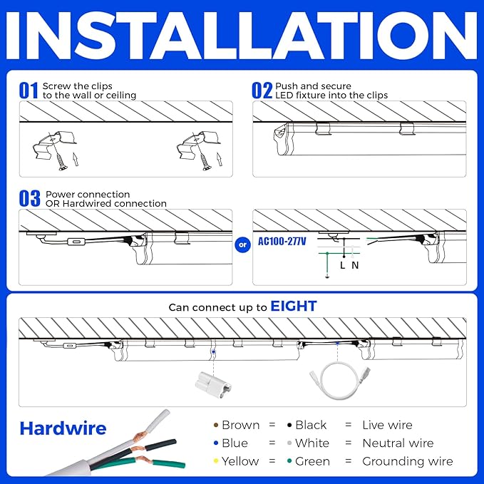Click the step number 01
point(29,91)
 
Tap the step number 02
point(262,91)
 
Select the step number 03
point(30,199)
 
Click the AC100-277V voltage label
point(282,242)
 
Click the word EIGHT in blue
point(294,307)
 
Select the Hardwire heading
point(63,428)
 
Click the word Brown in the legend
point(240,425)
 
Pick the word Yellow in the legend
point(240,461)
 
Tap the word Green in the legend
point(312,461)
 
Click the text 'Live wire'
point(387,425)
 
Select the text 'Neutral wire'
point(398,443)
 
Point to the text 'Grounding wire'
point(407,461)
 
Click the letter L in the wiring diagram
point(343,265)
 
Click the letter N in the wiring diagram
point(355,265)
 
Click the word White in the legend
point(312,443)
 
